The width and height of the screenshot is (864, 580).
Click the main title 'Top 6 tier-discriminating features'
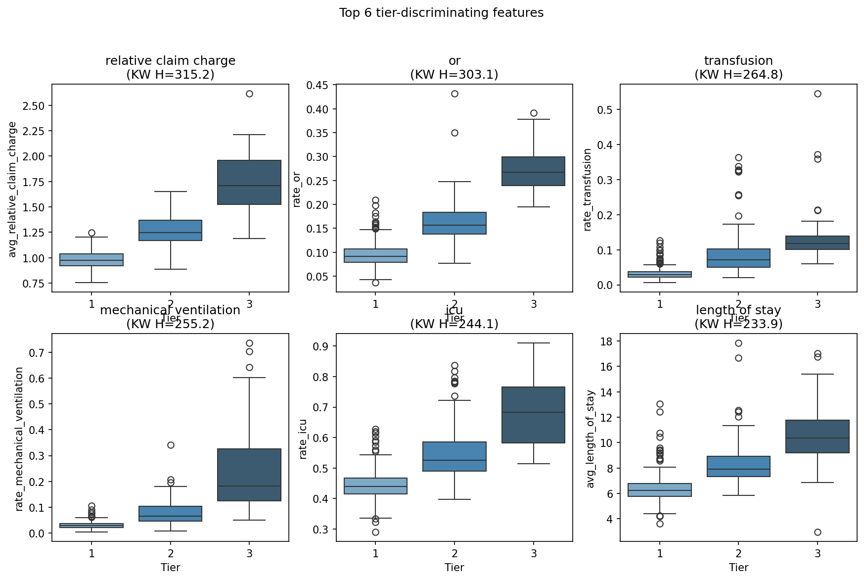[441, 13]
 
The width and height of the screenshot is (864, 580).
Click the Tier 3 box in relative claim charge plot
[249, 182]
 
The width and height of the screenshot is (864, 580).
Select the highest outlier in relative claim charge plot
[249, 94]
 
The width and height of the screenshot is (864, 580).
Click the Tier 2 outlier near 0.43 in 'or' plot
[455, 94]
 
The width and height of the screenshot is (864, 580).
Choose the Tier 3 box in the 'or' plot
[534, 171]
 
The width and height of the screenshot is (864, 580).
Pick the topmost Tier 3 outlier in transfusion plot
[818, 94]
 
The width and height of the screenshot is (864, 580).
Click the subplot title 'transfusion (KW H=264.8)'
[738, 67]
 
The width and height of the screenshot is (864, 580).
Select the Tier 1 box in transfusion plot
[660, 274]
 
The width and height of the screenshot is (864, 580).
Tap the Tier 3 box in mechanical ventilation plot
[249, 475]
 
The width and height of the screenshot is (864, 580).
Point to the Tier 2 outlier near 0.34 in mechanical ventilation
[171, 445]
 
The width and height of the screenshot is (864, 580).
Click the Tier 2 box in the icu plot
[455, 456]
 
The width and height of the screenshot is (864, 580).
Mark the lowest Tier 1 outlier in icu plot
[375, 532]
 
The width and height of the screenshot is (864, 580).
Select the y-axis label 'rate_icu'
[303, 438]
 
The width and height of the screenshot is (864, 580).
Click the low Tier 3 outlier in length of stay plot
[818, 532]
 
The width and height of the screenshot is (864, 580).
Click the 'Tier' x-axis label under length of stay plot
[738, 567]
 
